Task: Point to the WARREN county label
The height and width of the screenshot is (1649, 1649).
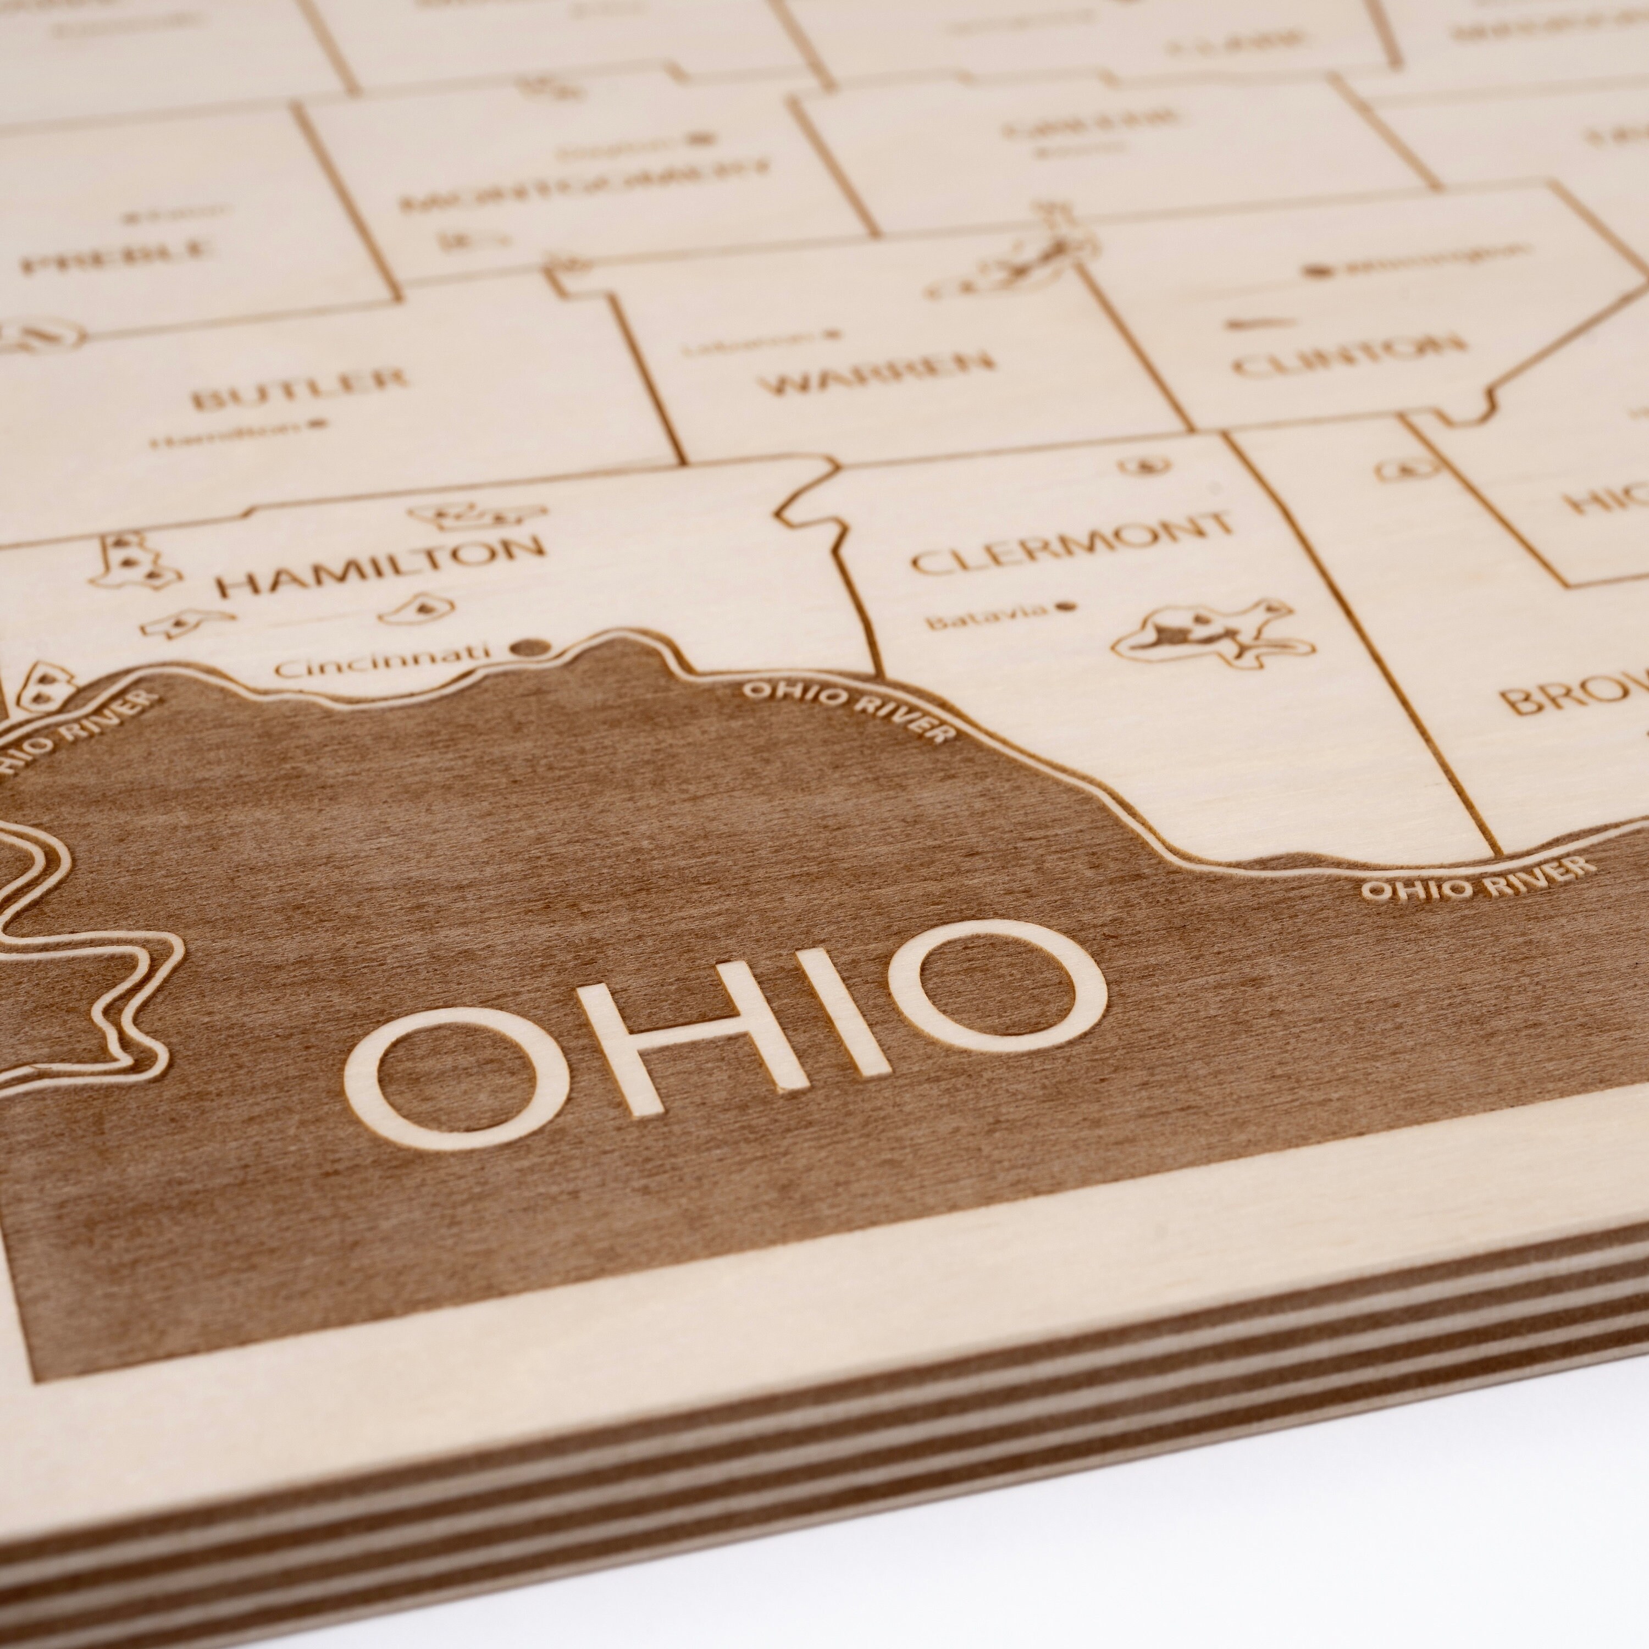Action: (878, 373)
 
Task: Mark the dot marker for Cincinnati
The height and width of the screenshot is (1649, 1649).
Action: (529, 649)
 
